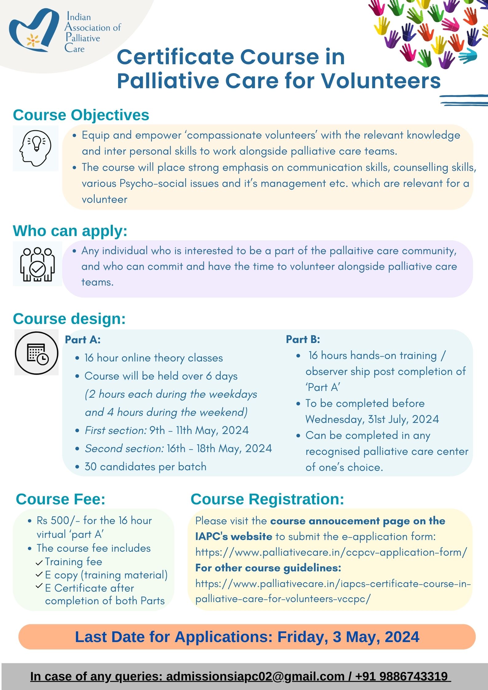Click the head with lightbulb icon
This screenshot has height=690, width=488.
pyautogui.click(x=35, y=148)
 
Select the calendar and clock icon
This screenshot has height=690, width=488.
pyautogui.click(x=37, y=353)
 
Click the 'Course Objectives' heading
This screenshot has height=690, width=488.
pyautogui.click(x=81, y=115)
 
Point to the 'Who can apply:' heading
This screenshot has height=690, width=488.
pyautogui.click(x=70, y=231)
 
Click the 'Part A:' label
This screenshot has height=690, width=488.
pyautogui.click(x=83, y=340)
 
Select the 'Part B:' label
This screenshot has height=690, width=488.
pyautogui.click(x=303, y=339)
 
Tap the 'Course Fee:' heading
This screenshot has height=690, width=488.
pyautogui.click(x=61, y=499)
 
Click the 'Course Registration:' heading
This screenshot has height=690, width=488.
pyautogui.click(x=267, y=499)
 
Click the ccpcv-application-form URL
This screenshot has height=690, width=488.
pyautogui.click(x=331, y=552)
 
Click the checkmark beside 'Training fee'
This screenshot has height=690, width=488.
pyautogui.click(x=39, y=563)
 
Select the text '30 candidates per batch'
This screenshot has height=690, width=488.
pyautogui.click(x=145, y=467)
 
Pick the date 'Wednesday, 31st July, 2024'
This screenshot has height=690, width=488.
pyautogui.click(x=372, y=419)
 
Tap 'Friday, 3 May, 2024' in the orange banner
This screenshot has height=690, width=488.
pyautogui.click(x=348, y=637)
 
